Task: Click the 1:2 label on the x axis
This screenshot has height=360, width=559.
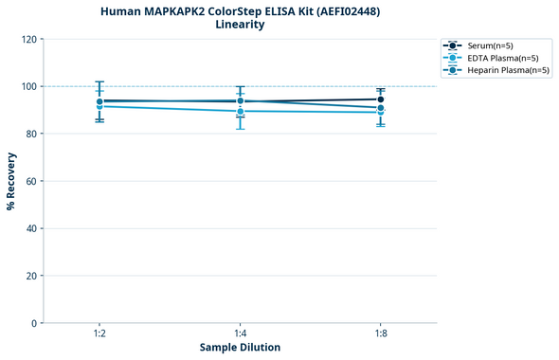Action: [99, 334]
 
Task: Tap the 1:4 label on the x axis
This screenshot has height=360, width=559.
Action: [240, 334]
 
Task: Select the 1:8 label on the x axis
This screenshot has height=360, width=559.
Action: [380, 334]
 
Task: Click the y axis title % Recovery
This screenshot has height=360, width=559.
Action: [12, 181]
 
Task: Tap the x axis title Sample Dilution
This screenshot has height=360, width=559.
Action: [240, 348]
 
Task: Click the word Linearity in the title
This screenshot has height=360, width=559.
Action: [240, 25]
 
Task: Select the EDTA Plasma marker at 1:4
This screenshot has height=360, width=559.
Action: [240, 111]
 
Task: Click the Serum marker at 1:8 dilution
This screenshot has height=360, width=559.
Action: [380, 99]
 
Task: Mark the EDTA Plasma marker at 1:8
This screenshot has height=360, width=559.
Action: [380, 112]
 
